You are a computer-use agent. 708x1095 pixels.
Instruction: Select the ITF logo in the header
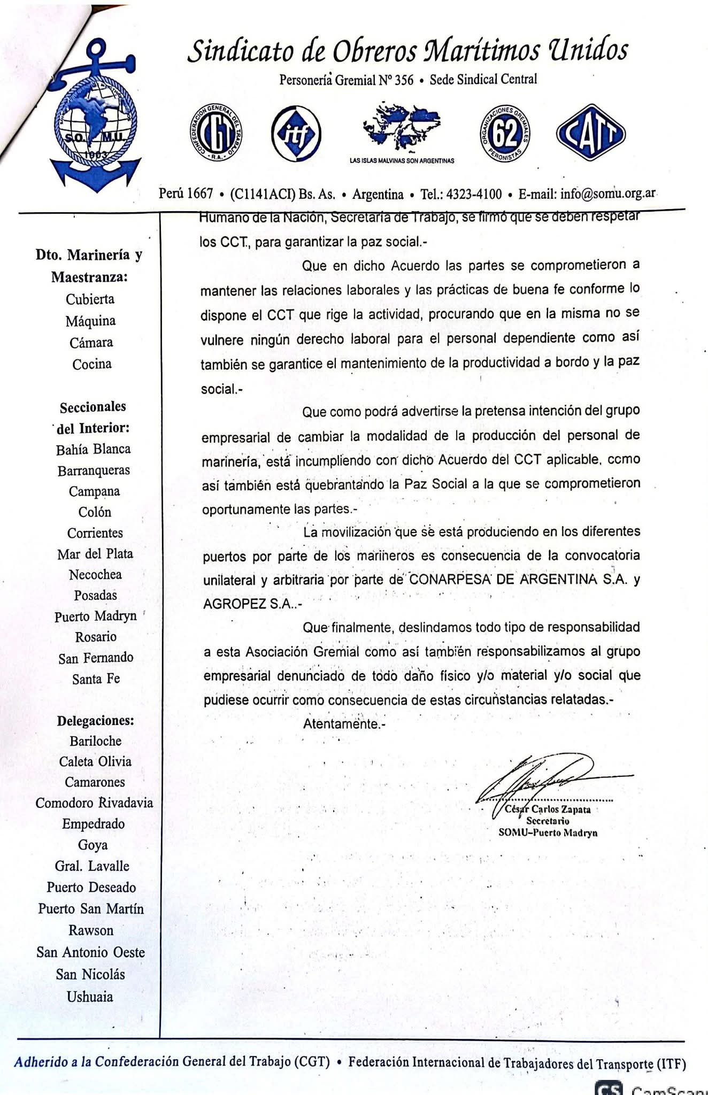click(x=296, y=134)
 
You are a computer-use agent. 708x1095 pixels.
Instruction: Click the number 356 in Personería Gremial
click(x=404, y=80)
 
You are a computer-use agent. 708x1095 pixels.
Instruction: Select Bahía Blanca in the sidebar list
click(x=93, y=449)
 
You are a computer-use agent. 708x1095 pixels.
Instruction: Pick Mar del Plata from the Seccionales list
click(x=95, y=554)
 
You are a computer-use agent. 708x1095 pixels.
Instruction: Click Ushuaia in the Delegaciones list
click(x=90, y=997)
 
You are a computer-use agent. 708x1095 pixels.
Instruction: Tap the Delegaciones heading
click(x=96, y=721)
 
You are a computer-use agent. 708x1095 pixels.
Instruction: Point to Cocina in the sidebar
click(x=92, y=364)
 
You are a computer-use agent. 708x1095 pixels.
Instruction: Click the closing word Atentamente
click(x=341, y=724)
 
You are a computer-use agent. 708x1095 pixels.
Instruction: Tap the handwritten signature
click(x=545, y=778)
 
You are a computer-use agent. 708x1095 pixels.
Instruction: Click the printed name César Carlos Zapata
click(x=548, y=809)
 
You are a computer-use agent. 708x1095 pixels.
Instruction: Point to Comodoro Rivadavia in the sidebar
click(x=94, y=803)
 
